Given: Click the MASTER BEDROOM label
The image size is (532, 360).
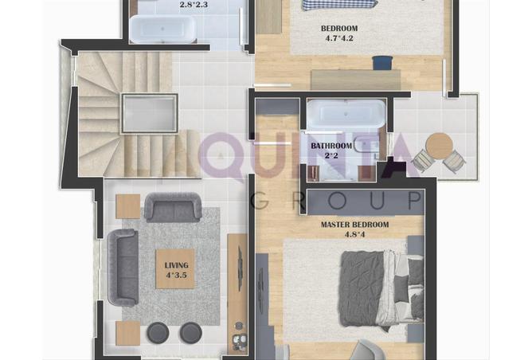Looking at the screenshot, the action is [x=354, y=225].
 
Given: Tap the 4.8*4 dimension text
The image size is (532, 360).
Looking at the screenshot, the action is [x=354, y=234].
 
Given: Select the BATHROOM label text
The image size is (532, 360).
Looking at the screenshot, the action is [x=331, y=146].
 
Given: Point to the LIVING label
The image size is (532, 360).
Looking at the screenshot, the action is [x=177, y=265].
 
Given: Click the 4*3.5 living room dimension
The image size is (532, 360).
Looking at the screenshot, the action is [x=177, y=275].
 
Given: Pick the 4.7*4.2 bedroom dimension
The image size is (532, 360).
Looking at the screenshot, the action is [x=339, y=38].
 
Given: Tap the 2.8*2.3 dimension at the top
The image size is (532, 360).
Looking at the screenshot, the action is [x=194, y=5].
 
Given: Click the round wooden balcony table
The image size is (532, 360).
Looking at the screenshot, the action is [x=440, y=146].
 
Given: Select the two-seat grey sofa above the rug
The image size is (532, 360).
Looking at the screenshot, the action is [x=173, y=207].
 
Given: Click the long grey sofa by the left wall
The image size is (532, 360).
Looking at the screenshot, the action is [x=123, y=268].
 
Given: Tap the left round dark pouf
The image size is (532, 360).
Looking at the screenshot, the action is [x=158, y=332].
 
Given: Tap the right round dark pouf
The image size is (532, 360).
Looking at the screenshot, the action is [x=190, y=332].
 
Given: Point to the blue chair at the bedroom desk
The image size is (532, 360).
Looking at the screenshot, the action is [x=382, y=63].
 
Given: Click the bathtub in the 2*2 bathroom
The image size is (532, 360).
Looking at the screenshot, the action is [x=346, y=114].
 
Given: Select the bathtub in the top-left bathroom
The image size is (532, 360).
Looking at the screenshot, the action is [x=162, y=29].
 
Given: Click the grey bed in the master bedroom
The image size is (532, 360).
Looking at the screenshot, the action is [x=382, y=292].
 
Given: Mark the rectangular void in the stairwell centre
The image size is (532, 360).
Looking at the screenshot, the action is [x=150, y=113].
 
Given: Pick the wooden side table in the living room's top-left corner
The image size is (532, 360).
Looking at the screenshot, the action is [x=128, y=206].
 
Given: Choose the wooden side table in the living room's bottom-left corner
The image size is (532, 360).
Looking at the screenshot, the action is [x=128, y=334].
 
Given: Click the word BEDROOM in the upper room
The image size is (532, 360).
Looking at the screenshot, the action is [x=339, y=29].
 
